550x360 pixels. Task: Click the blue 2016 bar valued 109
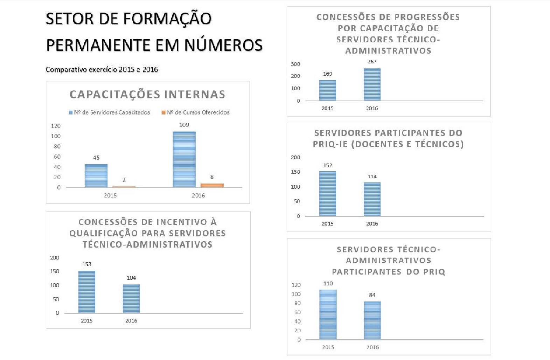(x=184, y=160)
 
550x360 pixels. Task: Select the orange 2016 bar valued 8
(x=212, y=185)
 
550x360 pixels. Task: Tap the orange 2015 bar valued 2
(x=124, y=187)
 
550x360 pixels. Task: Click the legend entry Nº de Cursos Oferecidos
(x=196, y=112)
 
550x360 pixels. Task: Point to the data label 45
(x=96, y=158)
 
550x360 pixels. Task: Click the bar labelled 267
(x=372, y=85)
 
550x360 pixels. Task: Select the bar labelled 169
(x=328, y=91)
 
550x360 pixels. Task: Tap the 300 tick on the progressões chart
(x=295, y=64)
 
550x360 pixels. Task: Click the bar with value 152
(x=328, y=194)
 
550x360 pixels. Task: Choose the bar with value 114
(x=372, y=199)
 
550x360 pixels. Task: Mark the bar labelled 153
(x=87, y=292)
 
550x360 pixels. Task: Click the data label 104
(x=131, y=278)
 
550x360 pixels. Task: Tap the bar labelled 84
(x=372, y=320)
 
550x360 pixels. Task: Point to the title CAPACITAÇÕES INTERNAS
(x=147, y=95)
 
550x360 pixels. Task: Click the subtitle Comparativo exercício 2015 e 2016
(x=102, y=69)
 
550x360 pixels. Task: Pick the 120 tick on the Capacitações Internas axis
(x=56, y=126)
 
